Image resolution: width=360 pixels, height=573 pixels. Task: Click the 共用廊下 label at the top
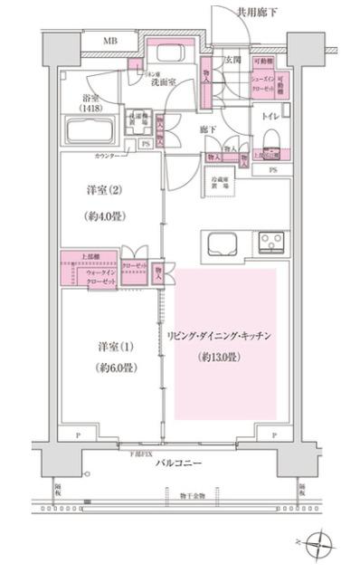tap(258, 12)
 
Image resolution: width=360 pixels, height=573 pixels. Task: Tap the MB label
tap(109, 42)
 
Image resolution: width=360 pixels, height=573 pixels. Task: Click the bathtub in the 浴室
tap(89, 132)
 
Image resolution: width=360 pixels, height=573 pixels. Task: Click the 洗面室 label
tap(163, 80)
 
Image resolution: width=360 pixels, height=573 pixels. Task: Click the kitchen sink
tap(221, 244)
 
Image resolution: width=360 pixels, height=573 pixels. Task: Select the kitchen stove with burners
tap(270, 243)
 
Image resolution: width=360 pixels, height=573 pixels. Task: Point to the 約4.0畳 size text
tap(104, 216)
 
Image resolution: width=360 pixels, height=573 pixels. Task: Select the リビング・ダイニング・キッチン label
tap(220, 336)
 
